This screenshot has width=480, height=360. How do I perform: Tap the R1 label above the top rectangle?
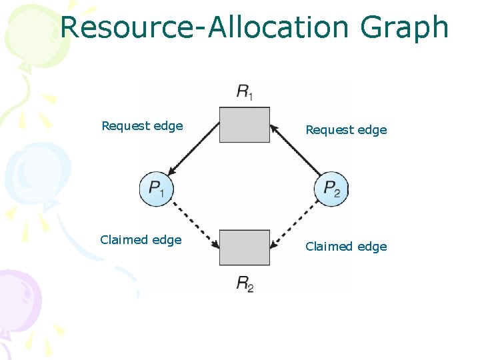click(x=245, y=92)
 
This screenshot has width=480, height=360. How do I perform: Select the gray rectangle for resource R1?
click(x=245, y=125)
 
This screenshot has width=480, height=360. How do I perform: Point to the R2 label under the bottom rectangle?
click(x=245, y=283)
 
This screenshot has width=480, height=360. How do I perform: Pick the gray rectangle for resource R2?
click(x=245, y=247)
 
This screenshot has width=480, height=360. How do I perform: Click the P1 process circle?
click(x=157, y=189)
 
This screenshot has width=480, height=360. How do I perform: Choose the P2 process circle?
click(x=331, y=189)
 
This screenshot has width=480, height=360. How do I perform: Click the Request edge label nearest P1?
click(x=142, y=126)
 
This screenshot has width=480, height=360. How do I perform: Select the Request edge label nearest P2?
click(x=346, y=130)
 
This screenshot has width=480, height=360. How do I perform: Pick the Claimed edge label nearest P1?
click(x=141, y=240)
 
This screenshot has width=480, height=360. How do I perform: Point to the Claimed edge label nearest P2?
click(x=346, y=247)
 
